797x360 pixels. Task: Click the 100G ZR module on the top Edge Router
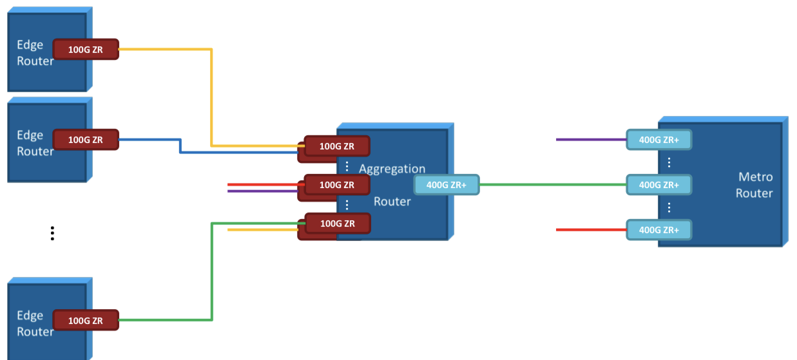(86, 50)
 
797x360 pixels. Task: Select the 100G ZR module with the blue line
(86, 139)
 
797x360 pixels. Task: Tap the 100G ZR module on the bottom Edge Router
(86, 320)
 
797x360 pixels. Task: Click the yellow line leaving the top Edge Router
(211, 97)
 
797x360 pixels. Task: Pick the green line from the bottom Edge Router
(211, 270)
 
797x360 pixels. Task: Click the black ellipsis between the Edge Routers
(52, 233)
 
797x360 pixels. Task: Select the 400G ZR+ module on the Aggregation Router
(447, 185)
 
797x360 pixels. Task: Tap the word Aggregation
(392, 169)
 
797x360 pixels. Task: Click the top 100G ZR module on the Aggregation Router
(337, 146)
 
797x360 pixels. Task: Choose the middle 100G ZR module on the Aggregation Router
(337, 185)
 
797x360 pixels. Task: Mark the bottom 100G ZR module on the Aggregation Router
(337, 223)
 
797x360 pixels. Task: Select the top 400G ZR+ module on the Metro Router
(658, 139)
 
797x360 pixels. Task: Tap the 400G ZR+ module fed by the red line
(658, 229)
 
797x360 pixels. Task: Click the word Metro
(755, 176)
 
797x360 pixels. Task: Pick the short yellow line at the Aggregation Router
(261, 229)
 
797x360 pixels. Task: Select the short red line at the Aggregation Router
(261, 184)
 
